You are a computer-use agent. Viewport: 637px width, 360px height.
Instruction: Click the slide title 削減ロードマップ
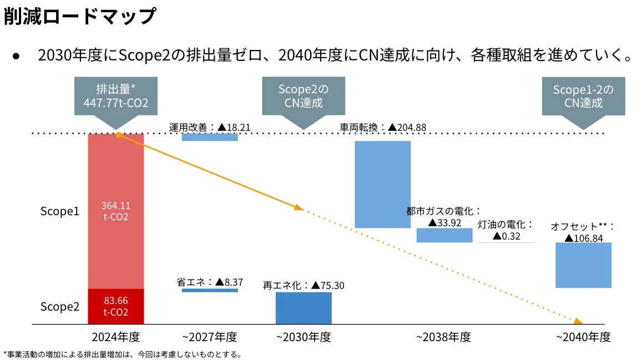click(x=79, y=16)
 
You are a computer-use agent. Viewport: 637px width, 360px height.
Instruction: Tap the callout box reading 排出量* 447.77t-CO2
click(x=115, y=97)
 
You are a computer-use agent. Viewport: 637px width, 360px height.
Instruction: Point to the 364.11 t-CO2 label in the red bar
click(x=115, y=211)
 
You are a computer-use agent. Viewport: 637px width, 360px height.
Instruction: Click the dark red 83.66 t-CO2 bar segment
click(x=115, y=306)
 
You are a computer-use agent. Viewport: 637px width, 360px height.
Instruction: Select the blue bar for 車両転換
click(x=382, y=184)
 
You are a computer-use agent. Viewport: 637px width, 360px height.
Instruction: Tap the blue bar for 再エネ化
click(x=304, y=308)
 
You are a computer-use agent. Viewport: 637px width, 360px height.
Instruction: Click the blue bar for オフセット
click(x=583, y=265)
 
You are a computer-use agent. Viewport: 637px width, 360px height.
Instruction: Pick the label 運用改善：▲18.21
click(x=210, y=128)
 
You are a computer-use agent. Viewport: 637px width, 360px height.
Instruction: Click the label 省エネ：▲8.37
click(x=210, y=282)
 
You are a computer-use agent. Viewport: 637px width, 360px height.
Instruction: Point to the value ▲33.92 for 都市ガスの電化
click(x=444, y=223)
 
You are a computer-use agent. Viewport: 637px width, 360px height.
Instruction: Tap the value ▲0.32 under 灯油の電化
click(x=506, y=236)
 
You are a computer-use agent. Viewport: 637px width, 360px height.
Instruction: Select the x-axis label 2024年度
click(x=115, y=337)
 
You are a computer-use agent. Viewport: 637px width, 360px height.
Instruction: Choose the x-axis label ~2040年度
click(x=583, y=337)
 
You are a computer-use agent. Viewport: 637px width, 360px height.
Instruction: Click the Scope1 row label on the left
click(x=60, y=211)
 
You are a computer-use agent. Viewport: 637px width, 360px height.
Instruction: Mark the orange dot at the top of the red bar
click(x=118, y=134)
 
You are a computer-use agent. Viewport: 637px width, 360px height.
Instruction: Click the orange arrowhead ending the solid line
click(x=299, y=208)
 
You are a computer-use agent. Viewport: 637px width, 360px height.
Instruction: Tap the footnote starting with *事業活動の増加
click(x=122, y=354)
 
